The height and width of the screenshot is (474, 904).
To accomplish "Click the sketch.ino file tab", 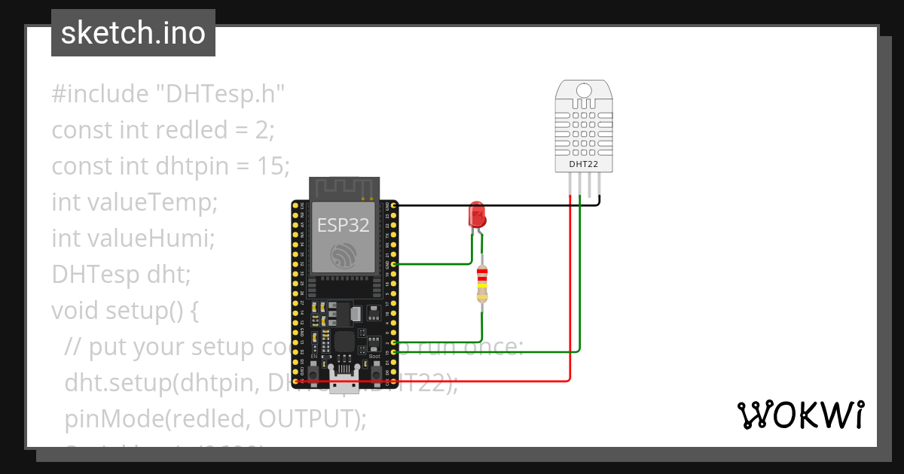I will [x=133, y=33].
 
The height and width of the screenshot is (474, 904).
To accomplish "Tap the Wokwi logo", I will [x=800, y=415].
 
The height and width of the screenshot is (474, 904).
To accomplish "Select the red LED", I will [x=477, y=215].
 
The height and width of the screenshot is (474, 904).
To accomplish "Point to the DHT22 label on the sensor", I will [x=584, y=164].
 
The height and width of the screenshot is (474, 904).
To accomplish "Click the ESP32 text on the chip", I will [x=344, y=225].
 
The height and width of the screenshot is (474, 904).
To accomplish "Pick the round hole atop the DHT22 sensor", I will [x=584, y=91].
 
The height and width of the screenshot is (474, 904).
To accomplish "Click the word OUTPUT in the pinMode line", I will [x=305, y=418].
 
